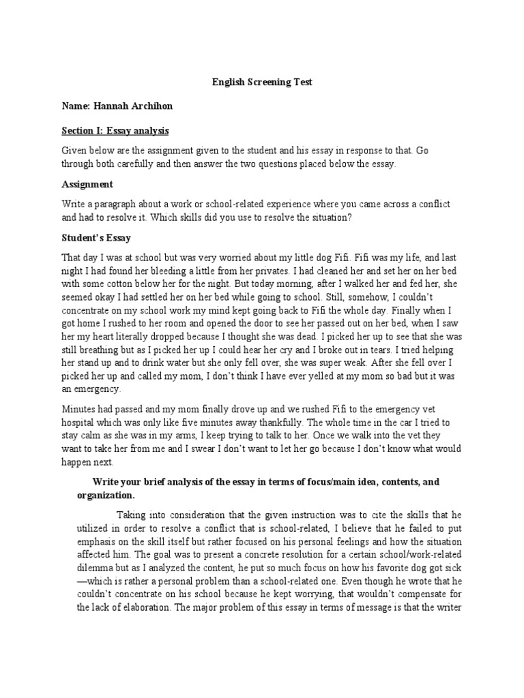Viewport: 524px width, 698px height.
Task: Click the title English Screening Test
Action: point(262,82)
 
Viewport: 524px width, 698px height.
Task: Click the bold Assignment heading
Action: point(87,184)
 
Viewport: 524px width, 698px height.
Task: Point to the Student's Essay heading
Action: point(96,238)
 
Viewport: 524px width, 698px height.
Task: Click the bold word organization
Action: point(105,495)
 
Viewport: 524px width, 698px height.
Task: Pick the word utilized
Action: point(94,528)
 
